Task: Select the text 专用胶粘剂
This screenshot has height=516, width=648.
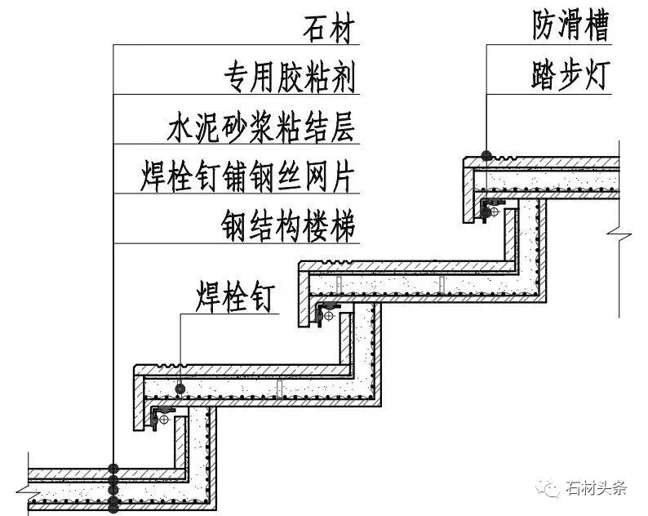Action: coord(290,78)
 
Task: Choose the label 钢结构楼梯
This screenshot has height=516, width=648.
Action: coord(290,225)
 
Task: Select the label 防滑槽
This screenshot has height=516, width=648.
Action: coord(566,29)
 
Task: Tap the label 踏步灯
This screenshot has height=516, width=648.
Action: coord(566,78)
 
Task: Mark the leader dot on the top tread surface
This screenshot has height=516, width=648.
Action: coord(486,155)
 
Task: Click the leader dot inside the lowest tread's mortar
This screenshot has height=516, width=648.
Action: coord(180,387)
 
